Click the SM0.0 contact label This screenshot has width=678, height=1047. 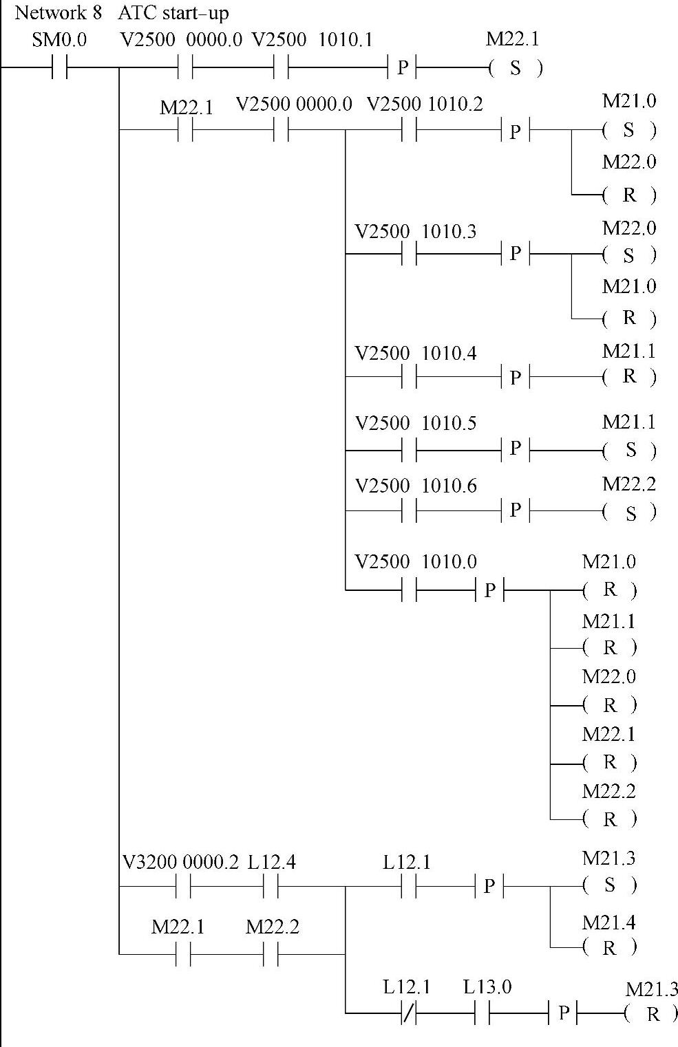click(x=59, y=40)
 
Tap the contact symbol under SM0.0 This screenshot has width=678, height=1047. click(x=59, y=68)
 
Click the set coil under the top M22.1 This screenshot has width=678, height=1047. click(x=516, y=68)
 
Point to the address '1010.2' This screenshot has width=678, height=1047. click(x=455, y=104)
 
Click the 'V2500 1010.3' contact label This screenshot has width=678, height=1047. click(x=415, y=231)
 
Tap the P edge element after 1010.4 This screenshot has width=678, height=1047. click(x=516, y=377)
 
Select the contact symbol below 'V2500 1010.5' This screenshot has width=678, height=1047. click(x=409, y=451)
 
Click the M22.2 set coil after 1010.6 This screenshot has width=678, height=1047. click(x=629, y=512)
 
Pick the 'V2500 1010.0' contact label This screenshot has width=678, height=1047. click(x=415, y=562)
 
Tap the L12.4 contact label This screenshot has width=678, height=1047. click(x=272, y=862)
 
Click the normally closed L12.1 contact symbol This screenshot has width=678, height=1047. click(x=409, y=1013)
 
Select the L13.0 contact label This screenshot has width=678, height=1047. click(x=487, y=987)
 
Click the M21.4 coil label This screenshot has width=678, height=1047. click(x=609, y=922)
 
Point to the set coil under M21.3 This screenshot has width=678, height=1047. click(x=610, y=885)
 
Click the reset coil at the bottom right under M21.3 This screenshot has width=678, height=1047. click(x=652, y=1014)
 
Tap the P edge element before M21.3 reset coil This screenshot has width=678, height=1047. click(x=563, y=1013)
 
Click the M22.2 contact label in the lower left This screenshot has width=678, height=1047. click(x=272, y=927)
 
